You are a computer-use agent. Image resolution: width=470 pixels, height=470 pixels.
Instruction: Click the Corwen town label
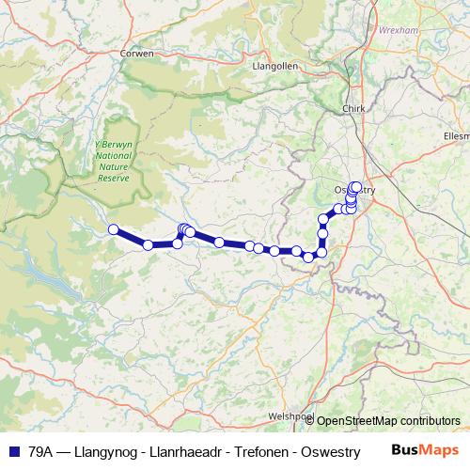click(x=136, y=54)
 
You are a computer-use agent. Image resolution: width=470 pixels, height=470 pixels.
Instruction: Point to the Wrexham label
click(x=396, y=30)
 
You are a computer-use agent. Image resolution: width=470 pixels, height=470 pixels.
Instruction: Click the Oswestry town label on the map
click(x=354, y=190)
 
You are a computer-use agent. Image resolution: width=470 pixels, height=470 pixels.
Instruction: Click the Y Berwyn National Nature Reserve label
click(x=114, y=160)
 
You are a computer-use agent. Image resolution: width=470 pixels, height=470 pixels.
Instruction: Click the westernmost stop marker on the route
click(x=113, y=229)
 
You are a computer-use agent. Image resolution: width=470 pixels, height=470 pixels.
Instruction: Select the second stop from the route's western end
click(x=148, y=245)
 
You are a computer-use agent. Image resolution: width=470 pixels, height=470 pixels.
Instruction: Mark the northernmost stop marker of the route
click(x=355, y=187)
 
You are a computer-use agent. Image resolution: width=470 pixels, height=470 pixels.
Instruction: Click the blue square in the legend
click(x=13, y=451)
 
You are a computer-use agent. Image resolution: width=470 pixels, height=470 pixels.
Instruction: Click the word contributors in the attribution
click(x=432, y=421)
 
